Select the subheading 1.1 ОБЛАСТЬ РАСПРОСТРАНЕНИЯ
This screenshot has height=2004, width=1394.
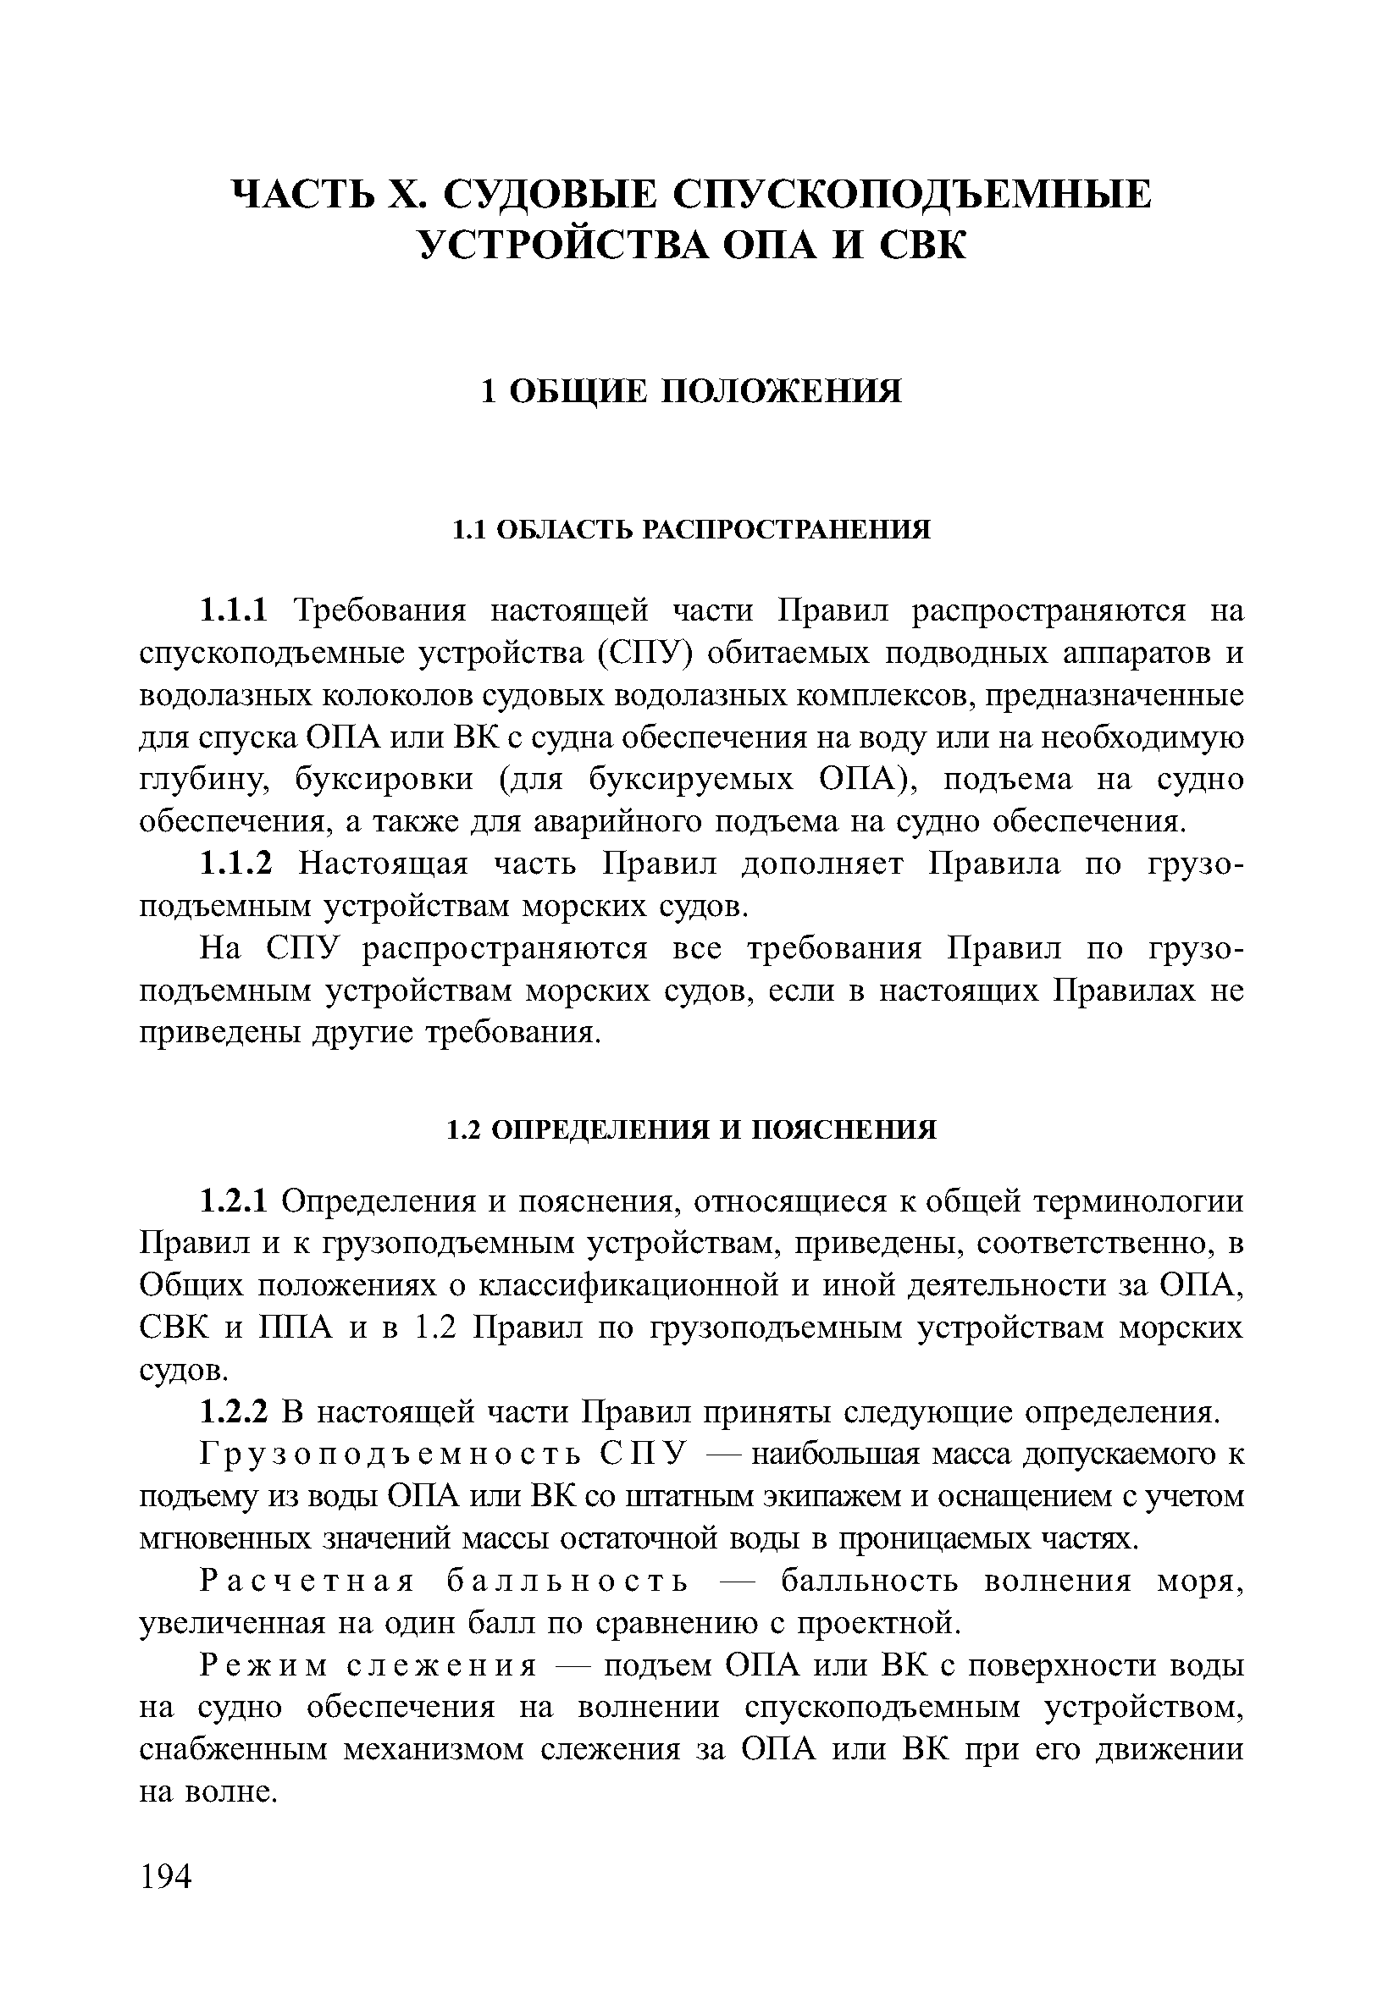(690, 530)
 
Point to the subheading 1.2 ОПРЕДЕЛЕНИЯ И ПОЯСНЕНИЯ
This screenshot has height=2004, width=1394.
(690, 1130)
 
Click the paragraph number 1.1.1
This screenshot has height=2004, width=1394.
(236, 610)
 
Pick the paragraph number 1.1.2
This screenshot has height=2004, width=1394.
(236, 864)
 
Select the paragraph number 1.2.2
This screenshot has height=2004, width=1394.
(236, 1412)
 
